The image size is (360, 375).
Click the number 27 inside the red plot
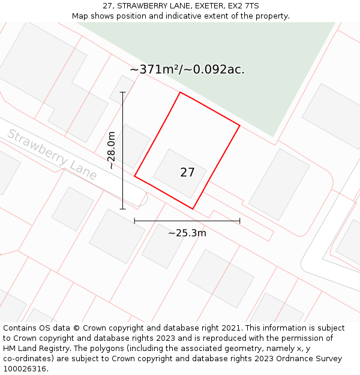tap(187, 173)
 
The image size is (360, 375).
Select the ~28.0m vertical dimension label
tap(112, 151)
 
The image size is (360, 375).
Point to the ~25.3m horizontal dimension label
tap(187, 233)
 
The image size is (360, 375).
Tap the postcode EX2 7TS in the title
tap(243, 6)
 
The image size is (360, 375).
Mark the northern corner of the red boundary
tap(180, 92)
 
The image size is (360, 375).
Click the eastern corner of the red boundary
tap(240, 125)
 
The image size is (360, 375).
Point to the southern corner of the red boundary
tap(193, 209)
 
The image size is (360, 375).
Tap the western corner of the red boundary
tap(134, 176)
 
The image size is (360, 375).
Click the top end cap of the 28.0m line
tap(122, 92)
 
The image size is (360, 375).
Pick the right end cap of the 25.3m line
tap(240, 221)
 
